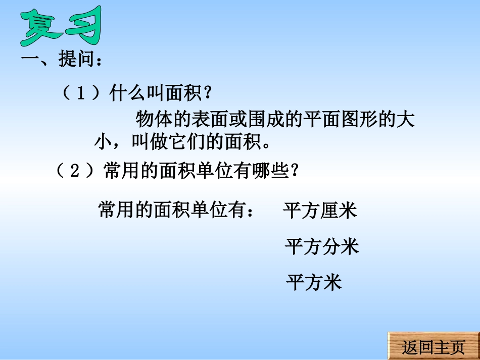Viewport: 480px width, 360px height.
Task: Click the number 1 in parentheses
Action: pyautogui.click(x=81, y=94)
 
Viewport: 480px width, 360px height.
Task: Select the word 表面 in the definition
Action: pyautogui.click(x=211, y=120)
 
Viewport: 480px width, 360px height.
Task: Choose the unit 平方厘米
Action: pyautogui.click(x=320, y=210)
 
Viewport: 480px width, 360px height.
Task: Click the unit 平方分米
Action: pyautogui.click(x=322, y=246)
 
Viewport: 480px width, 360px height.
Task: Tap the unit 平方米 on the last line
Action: pyautogui.click(x=314, y=281)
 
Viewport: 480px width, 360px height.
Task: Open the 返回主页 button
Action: pyautogui.click(x=433, y=347)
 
